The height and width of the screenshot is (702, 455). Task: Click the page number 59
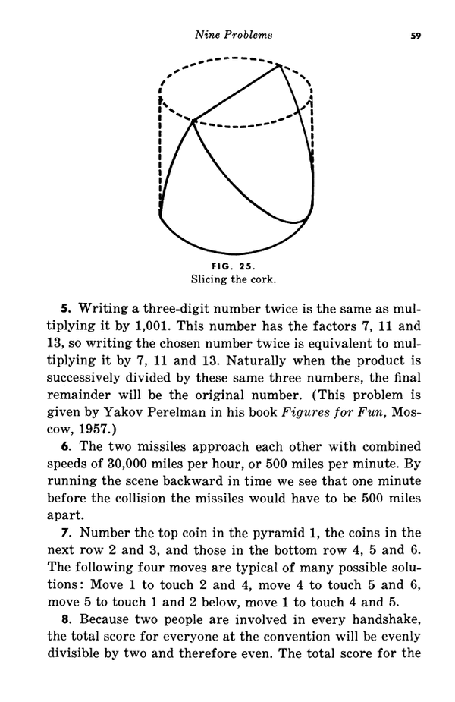[415, 35]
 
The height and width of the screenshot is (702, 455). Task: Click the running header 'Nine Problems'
[234, 35]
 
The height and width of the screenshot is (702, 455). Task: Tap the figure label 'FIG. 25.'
[234, 265]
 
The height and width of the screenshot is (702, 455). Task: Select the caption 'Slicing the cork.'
[234, 278]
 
